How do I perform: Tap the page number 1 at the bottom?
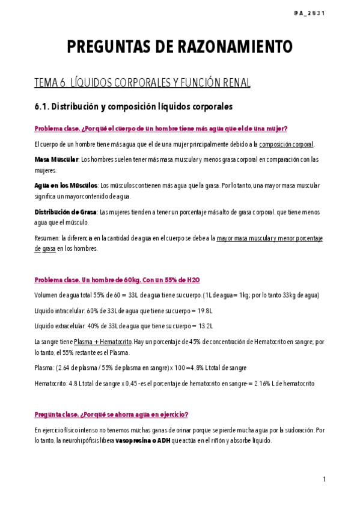pos(324,479)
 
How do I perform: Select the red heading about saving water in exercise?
pos(111,414)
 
